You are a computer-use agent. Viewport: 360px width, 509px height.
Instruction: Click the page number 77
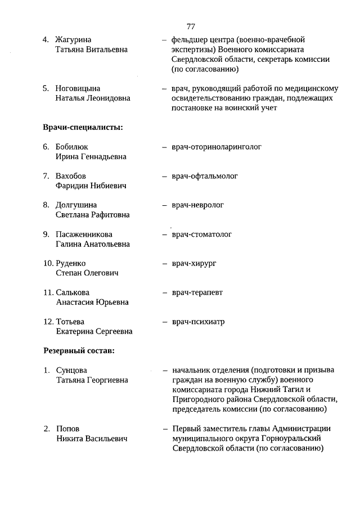click(x=190, y=26)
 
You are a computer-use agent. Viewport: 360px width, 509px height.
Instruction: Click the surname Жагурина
click(x=73, y=39)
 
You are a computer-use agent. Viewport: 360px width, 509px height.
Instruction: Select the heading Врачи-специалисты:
click(x=83, y=127)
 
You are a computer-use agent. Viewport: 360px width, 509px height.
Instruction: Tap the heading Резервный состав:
click(x=79, y=351)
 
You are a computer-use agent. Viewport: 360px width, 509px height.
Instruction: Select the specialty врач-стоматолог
click(x=201, y=234)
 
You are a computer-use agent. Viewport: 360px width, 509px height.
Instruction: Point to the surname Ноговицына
click(x=78, y=88)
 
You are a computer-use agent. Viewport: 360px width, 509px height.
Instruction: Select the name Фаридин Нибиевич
click(x=91, y=186)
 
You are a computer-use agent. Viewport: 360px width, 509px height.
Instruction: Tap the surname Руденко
click(x=71, y=263)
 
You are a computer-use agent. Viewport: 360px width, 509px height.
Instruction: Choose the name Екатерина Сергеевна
click(x=94, y=331)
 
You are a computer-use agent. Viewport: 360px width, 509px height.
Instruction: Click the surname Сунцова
click(x=71, y=370)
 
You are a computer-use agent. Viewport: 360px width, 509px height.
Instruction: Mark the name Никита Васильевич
click(x=91, y=438)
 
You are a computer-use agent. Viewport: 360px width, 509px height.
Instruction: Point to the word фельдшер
click(x=189, y=39)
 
